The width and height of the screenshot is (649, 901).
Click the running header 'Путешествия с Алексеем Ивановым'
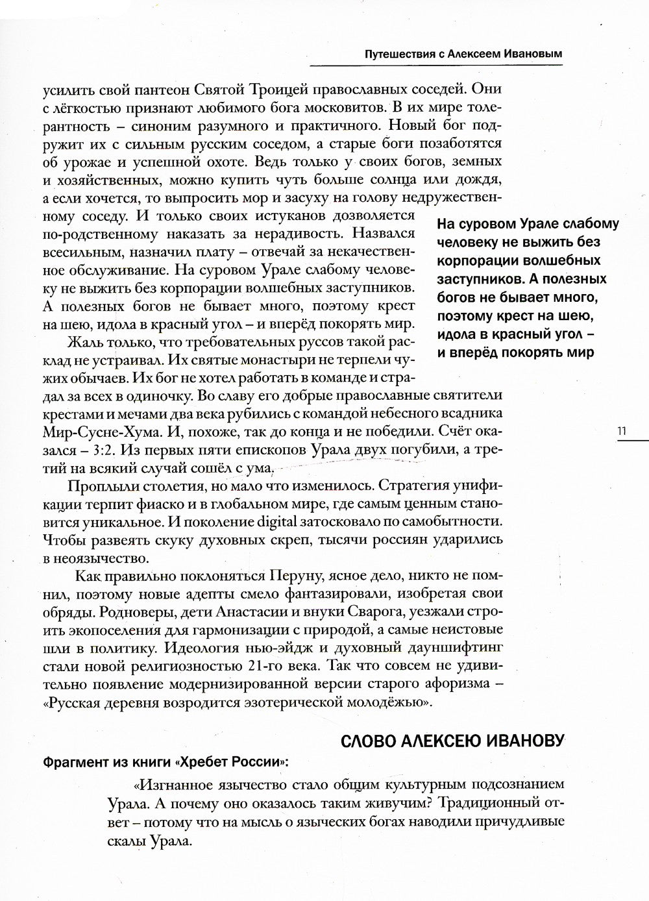463,55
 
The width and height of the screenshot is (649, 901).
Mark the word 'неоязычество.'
90,557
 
